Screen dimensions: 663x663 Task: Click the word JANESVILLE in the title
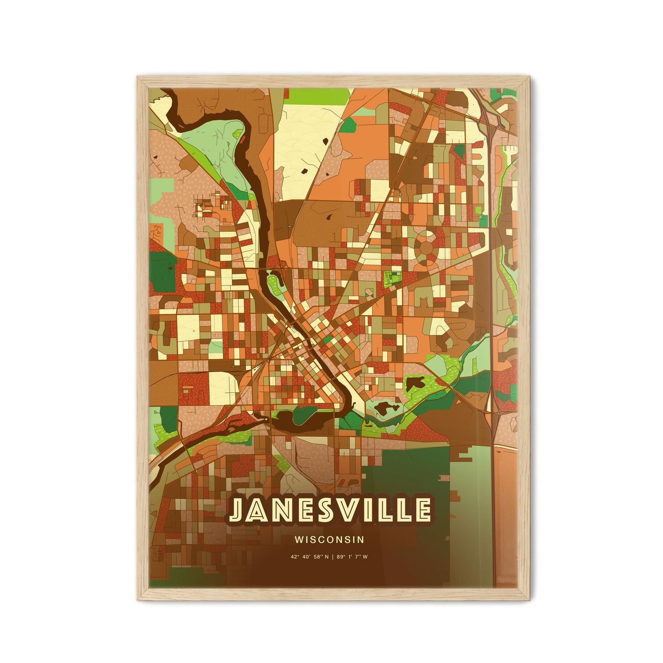pyautogui.click(x=330, y=510)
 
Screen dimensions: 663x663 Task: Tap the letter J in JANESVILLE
pyautogui.click(x=239, y=510)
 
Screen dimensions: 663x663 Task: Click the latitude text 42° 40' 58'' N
pyautogui.click(x=310, y=557)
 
